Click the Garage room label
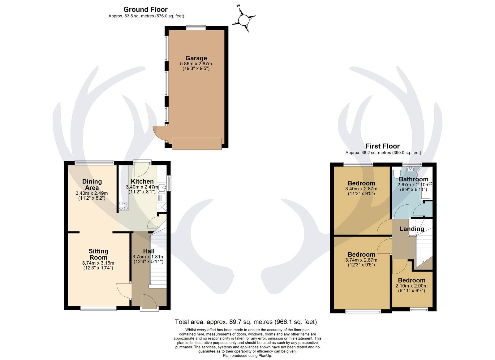(196, 58)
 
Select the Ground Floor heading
(145, 10)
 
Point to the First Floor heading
(382, 146)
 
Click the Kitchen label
(142, 182)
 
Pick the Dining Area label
(92, 185)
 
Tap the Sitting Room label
(98, 254)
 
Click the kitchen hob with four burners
(123, 206)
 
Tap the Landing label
(412, 229)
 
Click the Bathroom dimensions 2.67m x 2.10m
(413, 185)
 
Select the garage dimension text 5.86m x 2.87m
(196, 64)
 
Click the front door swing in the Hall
(149, 301)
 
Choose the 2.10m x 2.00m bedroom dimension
(411, 286)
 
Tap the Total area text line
(246, 322)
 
